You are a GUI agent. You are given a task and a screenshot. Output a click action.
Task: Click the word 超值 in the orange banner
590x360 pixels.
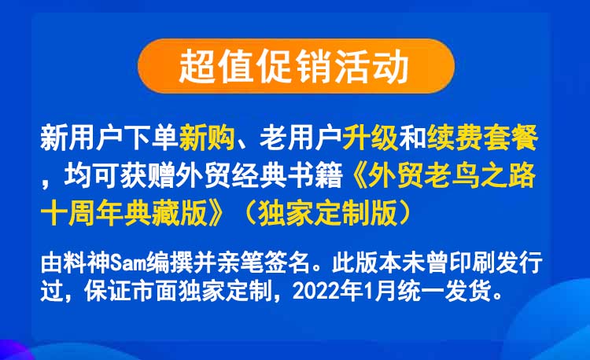(216, 67)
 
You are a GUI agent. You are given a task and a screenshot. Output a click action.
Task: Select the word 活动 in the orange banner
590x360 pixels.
(371, 67)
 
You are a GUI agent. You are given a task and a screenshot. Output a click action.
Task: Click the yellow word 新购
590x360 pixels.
(207, 138)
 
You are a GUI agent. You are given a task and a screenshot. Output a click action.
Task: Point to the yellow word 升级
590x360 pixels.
(371, 138)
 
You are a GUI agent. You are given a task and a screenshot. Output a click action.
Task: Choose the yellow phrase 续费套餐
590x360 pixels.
(482, 138)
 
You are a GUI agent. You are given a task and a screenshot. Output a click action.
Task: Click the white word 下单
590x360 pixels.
(151, 138)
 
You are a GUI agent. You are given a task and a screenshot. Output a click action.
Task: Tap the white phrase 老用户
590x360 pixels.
(301, 138)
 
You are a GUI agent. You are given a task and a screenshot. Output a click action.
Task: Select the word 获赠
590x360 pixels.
(148, 176)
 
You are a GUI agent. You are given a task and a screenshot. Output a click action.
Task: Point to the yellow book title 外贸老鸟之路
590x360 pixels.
(452, 176)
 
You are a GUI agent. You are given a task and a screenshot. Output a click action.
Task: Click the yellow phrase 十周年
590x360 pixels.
(82, 213)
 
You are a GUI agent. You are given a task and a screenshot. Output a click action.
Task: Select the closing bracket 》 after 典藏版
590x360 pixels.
(217, 213)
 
